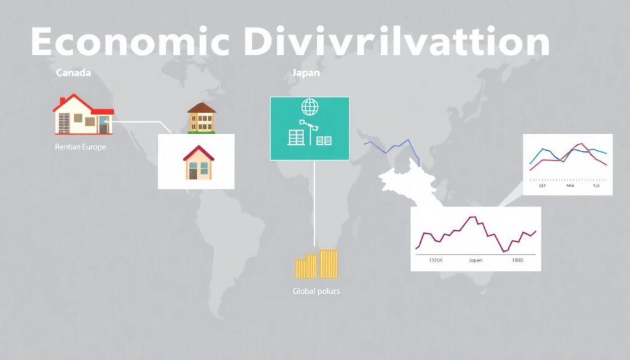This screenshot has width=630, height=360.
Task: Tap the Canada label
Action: [x=73, y=73]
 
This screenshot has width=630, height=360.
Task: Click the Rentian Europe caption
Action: [x=80, y=148]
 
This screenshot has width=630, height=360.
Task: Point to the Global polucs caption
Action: [x=316, y=290]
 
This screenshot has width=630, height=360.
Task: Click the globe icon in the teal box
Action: [x=309, y=107]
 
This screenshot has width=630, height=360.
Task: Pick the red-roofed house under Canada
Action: [x=83, y=115]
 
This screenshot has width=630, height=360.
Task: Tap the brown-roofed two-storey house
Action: [x=202, y=118]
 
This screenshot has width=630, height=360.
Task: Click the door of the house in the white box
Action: [x=193, y=174]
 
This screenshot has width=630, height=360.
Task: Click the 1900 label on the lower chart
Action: [x=517, y=260]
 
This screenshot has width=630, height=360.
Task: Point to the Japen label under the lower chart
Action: [x=476, y=260]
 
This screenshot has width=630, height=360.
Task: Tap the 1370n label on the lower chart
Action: [x=434, y=260]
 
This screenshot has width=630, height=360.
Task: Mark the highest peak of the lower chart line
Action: [x=473, y=217]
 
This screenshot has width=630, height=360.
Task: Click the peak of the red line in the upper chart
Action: [x=579, y=145]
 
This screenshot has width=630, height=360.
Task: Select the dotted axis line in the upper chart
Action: [x=568, y=178]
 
